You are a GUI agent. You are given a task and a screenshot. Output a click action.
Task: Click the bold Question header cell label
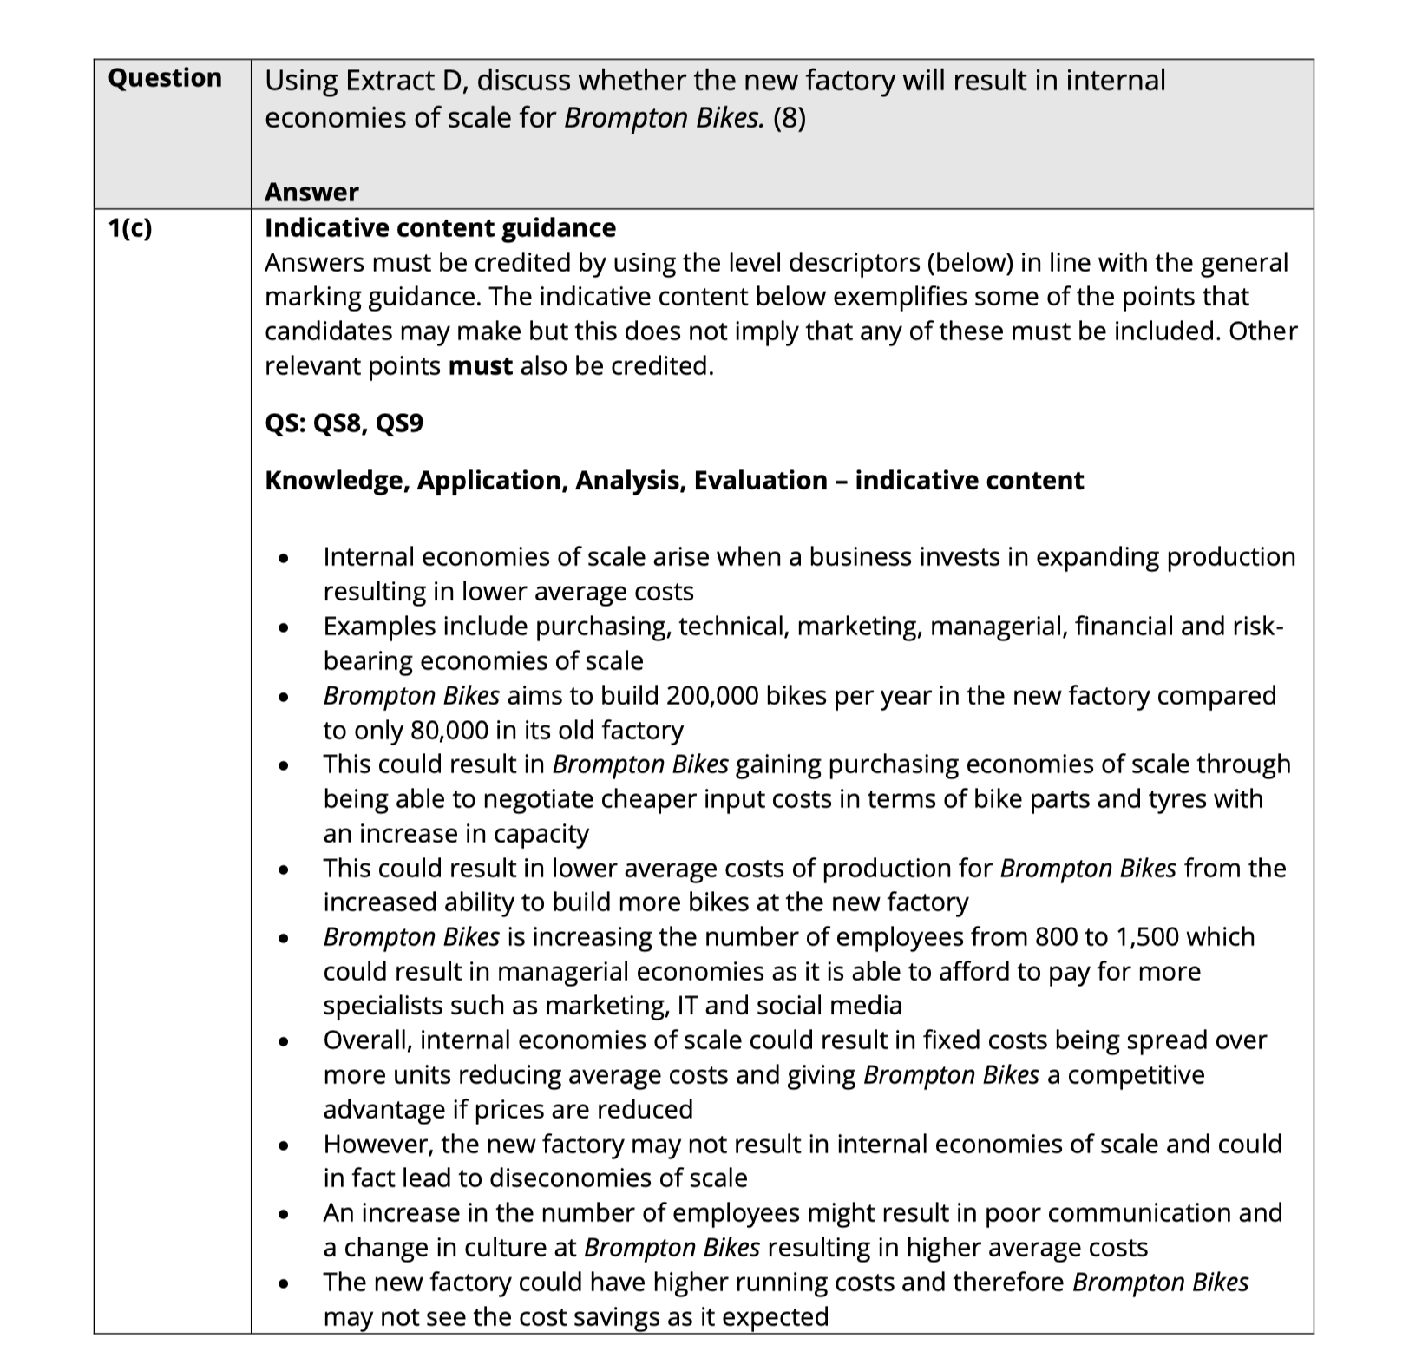(165, 78)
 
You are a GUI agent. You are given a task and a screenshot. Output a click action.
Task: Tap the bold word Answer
(311, 192)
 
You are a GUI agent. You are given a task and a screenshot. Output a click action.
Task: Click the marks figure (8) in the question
(789, 118)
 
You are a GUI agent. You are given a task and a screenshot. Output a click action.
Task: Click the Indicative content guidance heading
(440, 227)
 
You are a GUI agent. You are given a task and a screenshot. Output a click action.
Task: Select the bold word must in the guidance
(480, 366)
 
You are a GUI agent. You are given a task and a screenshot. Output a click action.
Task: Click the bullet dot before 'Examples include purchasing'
(283, 627)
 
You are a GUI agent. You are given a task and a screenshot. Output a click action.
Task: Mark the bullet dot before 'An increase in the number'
(283, 1213)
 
